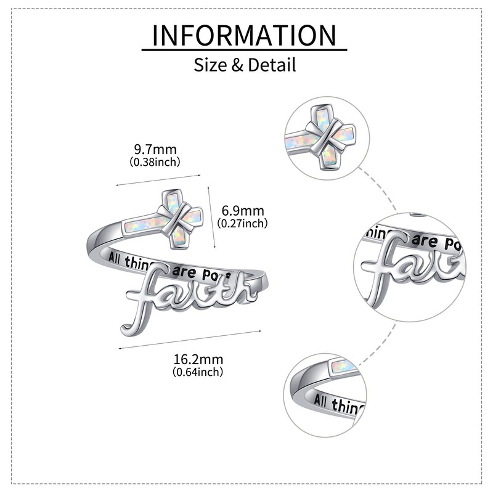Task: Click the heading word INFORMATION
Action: point(245,36)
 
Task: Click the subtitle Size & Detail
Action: point(245,64)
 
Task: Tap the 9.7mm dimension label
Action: point(155,149)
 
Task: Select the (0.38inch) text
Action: point(155,162)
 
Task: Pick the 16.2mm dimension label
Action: point(198,359)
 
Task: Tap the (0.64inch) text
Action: point(198,372)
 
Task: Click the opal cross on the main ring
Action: point(165,219)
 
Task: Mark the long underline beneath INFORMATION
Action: point(245,49)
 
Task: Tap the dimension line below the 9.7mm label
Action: point(159,178)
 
